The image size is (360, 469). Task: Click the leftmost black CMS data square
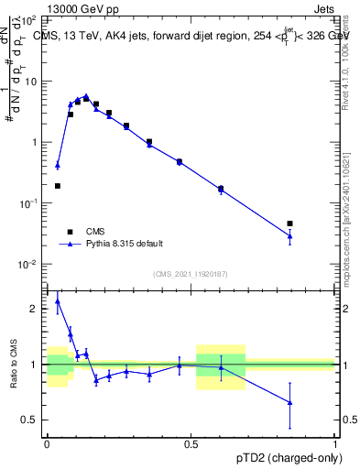(x=58, y=186)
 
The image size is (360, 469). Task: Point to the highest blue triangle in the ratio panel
(x=58, y=300)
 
